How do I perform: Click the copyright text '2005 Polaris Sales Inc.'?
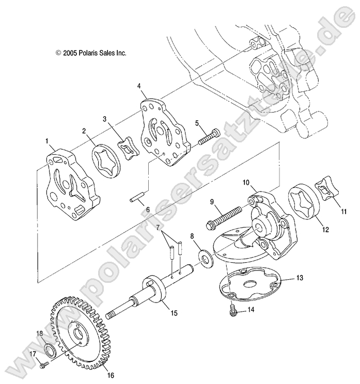pyautogui.click(x=91, y=53)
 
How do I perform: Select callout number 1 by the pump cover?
pyautogui.click(x=48, y=140)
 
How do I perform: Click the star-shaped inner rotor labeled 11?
pyautogui.click(x=327, y=194)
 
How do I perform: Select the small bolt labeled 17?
pyautogui.click(x=43, y=365)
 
